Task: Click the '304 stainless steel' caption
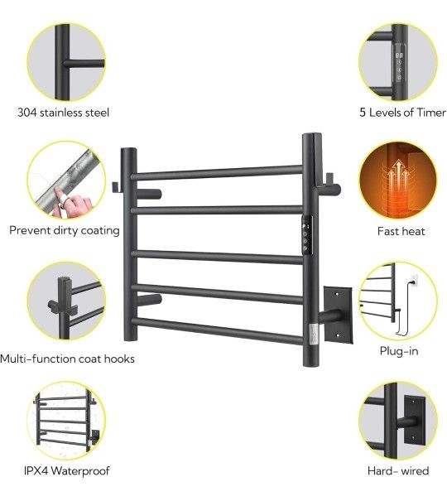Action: coord(63,113)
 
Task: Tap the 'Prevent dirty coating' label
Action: coord(65,230)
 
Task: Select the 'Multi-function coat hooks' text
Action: coord(67,359)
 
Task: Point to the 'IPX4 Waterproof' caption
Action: coord(67,470)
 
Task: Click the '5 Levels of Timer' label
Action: coord(402,113)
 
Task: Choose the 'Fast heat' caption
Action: coord(401,231)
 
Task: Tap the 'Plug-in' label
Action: coord(399,351)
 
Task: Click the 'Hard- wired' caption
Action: coord(398,470)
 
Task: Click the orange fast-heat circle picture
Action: coord(398,181)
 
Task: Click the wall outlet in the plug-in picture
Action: coord(414,279)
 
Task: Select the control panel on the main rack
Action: coord(306,234)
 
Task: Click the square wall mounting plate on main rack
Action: coord(338,315)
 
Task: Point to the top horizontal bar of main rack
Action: coord(217,172)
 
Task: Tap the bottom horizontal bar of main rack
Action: coord(217,330)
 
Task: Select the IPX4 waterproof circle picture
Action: coord(66,421)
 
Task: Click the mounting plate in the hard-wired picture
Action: coord(415,420)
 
